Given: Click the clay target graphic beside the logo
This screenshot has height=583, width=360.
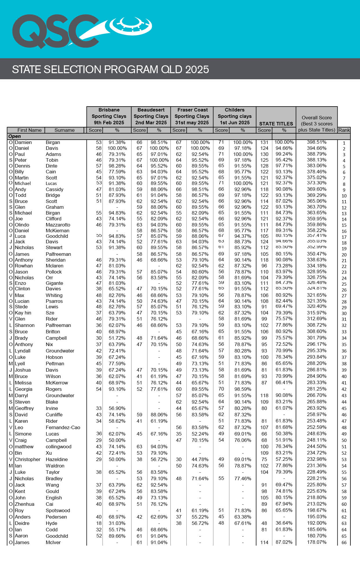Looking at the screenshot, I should click(x=131, y=26).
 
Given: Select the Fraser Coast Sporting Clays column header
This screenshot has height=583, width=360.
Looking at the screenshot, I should click(x=192, y=116).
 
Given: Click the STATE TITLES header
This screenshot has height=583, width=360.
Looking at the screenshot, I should click(x=276, y=124).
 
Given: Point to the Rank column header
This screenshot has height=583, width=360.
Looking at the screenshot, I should click(x=344, y=130).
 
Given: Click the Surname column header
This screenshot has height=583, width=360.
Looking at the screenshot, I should click(x=64, y=130).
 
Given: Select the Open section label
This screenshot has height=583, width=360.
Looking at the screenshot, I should click(x=15, y=136).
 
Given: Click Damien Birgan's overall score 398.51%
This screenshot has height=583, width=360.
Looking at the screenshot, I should click(x=316, y=142).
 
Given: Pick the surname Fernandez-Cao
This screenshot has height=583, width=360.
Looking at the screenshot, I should click(x=63, y=427).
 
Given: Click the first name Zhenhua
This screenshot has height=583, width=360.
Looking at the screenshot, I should click(x=24, y=504).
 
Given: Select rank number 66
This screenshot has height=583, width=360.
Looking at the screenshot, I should click(x=344, y=543).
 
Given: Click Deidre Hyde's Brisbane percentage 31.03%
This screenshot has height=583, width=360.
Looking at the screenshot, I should click(x=117, y=523).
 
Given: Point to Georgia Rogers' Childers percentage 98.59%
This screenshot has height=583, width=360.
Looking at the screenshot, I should click(x=243, y=389).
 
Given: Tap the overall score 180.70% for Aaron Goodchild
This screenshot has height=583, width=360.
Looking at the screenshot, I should click(x=316, y=536).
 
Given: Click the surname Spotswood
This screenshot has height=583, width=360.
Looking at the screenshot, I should click(x=58, y=510).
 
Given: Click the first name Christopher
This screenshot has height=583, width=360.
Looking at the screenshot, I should click(x=28, y=459).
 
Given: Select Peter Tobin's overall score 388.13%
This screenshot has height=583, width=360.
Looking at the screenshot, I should click(x=316, y=160).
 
